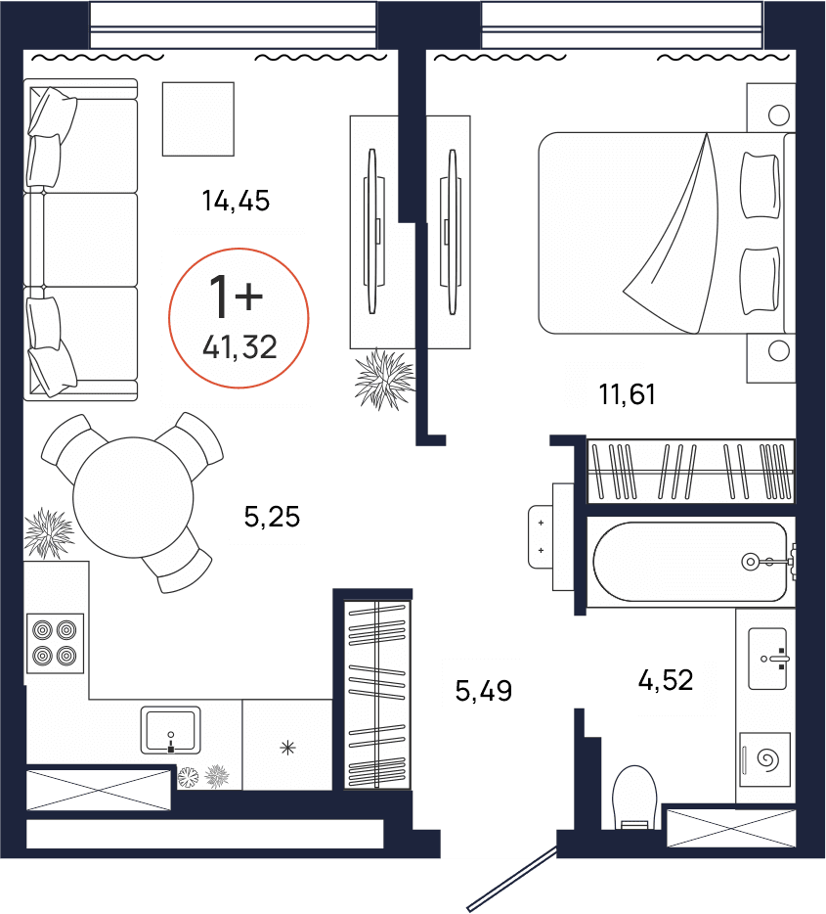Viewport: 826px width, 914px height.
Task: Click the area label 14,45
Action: (236, 201)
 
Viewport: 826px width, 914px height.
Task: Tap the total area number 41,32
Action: (239, 347)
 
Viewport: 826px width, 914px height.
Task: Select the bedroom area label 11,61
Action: (627, 394)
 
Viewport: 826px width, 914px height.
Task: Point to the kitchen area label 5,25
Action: (272, 517)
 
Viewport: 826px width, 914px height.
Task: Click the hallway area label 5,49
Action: (483, 691)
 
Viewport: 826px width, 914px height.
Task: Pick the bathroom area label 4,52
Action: (666, 680)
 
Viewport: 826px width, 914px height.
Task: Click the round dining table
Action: (133, 498)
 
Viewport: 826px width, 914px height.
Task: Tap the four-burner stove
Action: (56, 643)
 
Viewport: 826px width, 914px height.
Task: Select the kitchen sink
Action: (170, 730)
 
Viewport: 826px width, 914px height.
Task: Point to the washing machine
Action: (764, 759)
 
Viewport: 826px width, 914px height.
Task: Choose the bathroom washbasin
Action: (767, 659)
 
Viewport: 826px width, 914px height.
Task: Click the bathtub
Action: (690, 562)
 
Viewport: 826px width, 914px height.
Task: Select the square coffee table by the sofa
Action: (197, 119)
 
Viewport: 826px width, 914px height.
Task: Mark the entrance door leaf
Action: (512, 879)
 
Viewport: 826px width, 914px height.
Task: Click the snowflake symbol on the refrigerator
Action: (287, 748)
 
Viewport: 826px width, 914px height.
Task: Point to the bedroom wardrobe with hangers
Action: (690, 471)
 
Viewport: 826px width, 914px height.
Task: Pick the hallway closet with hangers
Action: (377, 695)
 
